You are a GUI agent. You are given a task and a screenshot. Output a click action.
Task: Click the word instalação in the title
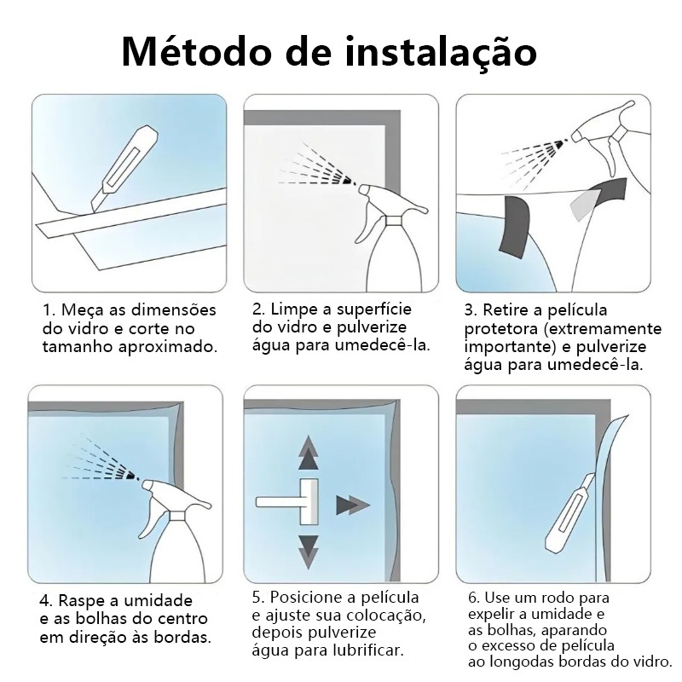click(441, 53)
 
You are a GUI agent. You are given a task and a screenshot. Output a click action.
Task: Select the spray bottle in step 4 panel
click(177, 530)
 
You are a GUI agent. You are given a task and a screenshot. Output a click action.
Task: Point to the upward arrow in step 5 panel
click(309, 453)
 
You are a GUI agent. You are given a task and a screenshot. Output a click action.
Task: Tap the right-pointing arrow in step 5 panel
click(353, 505)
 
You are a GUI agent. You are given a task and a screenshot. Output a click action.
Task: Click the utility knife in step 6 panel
click(569, 514)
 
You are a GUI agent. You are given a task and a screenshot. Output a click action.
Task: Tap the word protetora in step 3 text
click(501, 329)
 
